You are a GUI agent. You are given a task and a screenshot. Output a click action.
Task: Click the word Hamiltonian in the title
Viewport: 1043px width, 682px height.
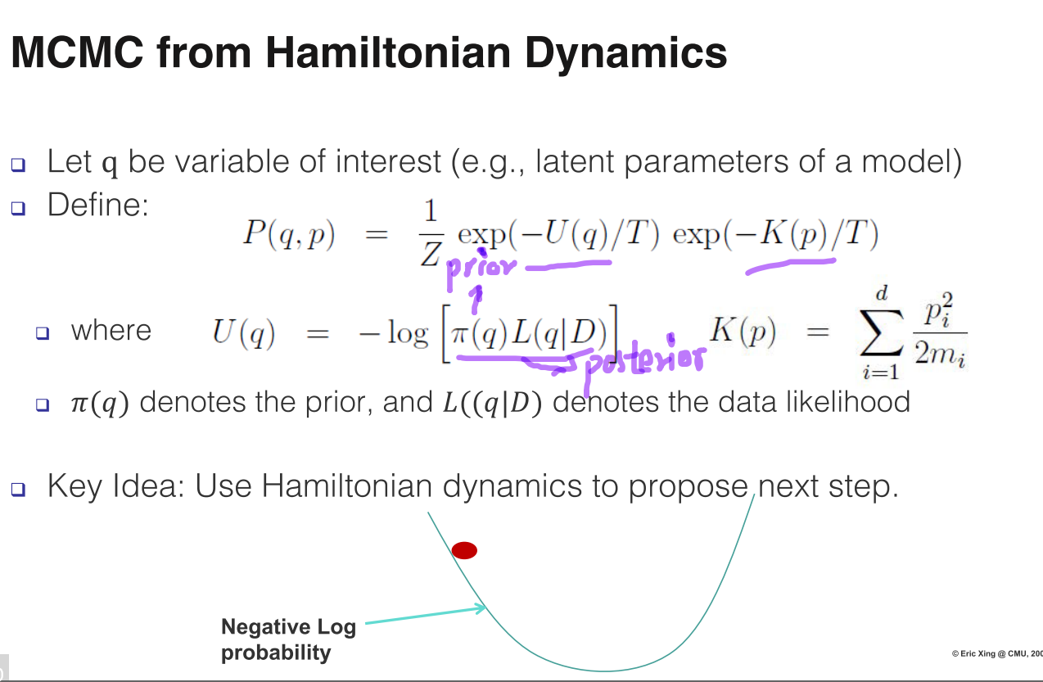coord(388,52)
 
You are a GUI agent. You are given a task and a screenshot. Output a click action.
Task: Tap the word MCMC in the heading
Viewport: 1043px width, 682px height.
coord(77,52)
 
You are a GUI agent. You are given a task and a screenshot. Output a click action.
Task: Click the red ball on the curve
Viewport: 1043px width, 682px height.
coord(464,550)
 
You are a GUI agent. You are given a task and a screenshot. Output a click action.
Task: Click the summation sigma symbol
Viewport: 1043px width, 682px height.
coord(882,332)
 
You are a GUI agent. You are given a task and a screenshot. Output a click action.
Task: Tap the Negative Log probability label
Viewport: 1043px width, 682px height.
coord(288,639)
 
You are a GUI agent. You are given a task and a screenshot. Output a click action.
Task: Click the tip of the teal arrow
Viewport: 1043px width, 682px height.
coord(485,607)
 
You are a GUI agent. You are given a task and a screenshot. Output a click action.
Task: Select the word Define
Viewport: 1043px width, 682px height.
coord(97,205)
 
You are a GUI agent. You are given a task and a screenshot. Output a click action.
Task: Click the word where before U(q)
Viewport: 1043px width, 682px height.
coord(111,331)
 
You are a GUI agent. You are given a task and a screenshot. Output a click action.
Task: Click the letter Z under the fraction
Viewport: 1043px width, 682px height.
coord(431,254)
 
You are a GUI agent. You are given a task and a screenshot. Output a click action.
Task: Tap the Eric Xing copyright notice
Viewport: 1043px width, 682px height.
coord(997,653)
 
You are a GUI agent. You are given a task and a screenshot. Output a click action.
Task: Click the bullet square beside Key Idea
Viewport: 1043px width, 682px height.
coord(18,489)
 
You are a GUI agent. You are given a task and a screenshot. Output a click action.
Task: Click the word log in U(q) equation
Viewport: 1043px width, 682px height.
coord(408,333)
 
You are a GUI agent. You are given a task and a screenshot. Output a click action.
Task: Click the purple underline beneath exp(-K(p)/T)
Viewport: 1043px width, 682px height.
coord(791,266)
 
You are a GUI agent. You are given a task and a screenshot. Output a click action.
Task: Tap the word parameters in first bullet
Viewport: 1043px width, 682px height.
coord(706,162)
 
